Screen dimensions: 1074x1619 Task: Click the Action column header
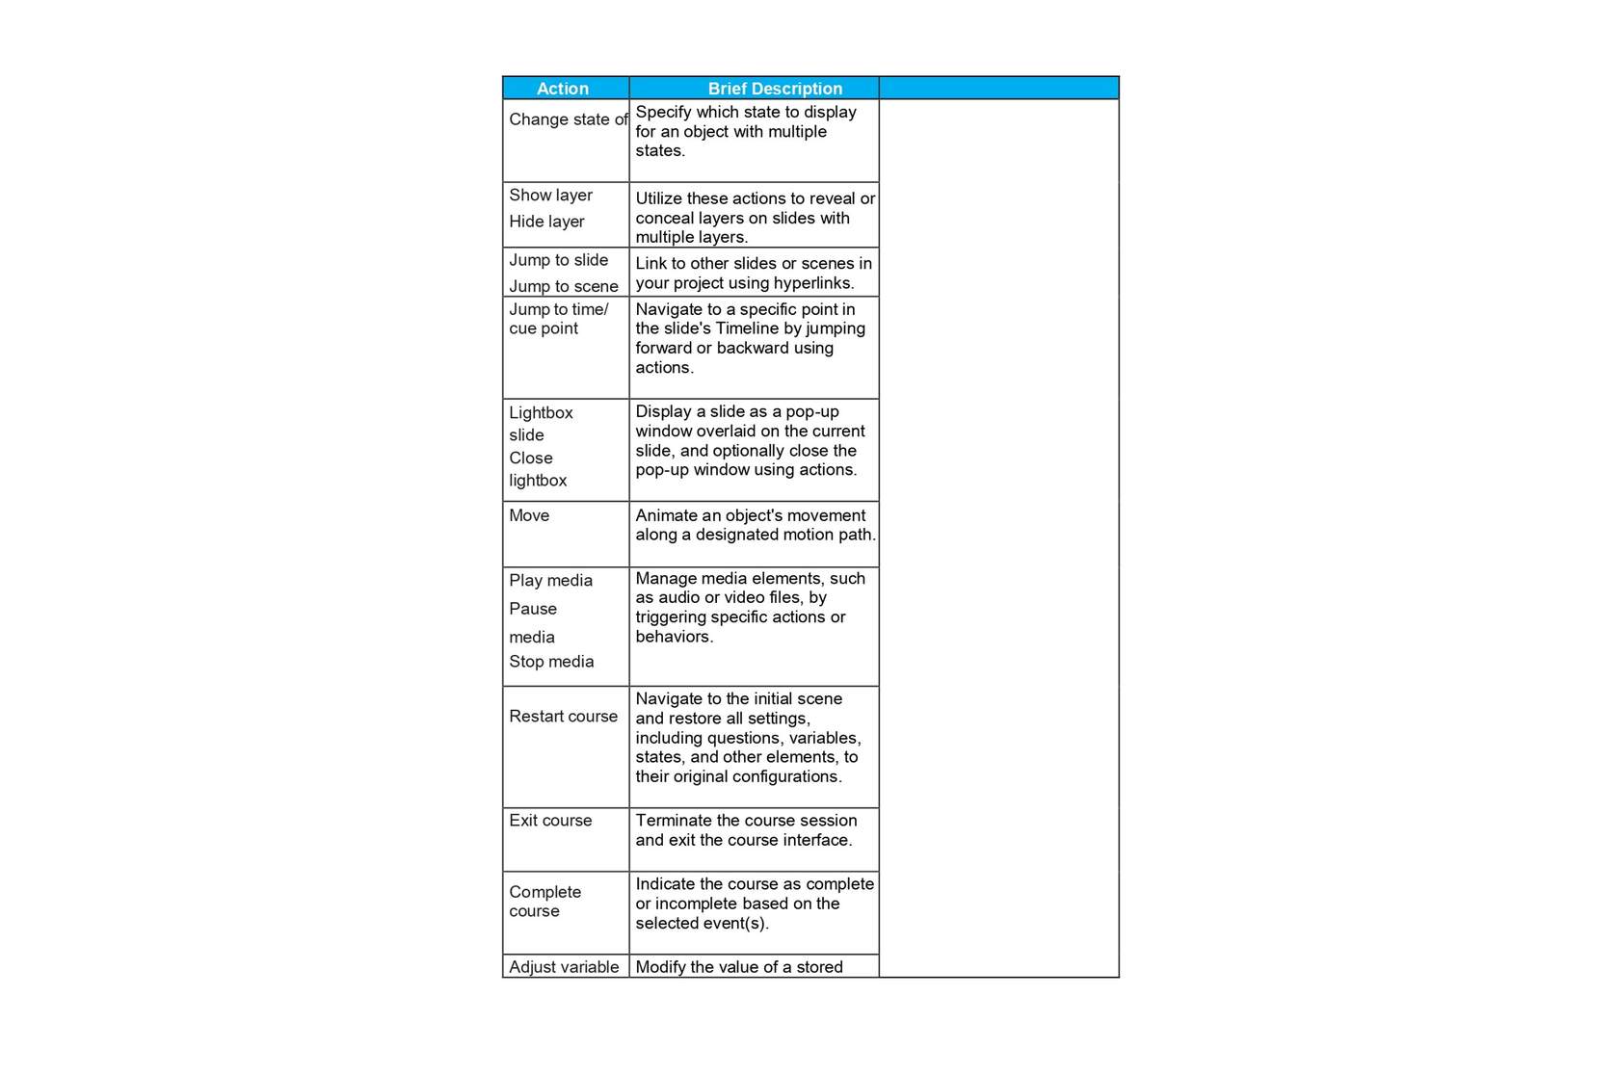(563, 89)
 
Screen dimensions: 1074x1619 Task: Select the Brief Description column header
(775, 89)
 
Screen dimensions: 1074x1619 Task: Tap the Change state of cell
(568, 119)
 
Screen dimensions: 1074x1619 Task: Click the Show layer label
(550, 196)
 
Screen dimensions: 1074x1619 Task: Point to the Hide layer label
(546, 222)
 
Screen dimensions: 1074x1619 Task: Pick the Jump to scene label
(563, 286)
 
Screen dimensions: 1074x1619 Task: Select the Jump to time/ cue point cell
(558, 319)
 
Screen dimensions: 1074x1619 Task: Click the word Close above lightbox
(531, 458)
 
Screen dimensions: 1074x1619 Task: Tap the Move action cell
(529, 516)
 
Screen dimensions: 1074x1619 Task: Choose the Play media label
(550, 581)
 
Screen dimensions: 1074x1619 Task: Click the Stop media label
(551, 662)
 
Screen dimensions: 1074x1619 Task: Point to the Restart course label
(563, 717)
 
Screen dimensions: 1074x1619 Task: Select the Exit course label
(550, 821)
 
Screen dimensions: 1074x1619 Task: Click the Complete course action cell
(544, 902)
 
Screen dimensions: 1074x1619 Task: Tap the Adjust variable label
(564, 967)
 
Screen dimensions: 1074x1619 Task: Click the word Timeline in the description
(747, 328)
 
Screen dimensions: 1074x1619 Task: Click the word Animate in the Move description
(666, 516)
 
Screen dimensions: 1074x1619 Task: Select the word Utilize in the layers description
(659, 198)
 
